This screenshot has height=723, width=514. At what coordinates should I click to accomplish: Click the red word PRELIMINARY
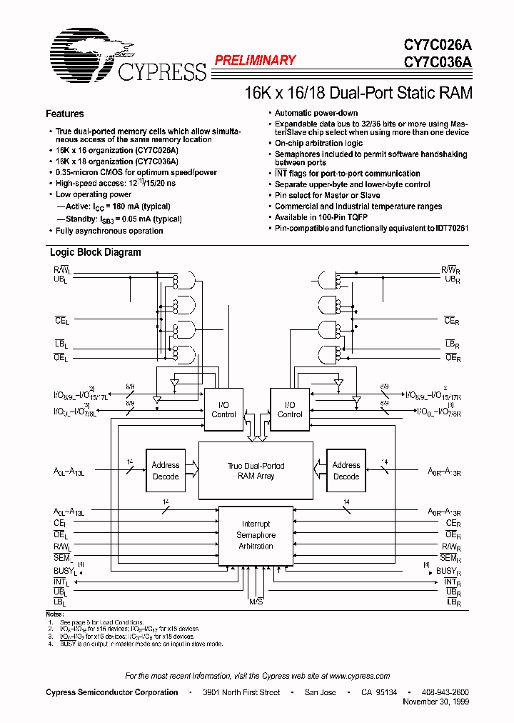255,61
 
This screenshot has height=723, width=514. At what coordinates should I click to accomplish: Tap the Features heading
64,114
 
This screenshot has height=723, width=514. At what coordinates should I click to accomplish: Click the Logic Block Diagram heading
95,252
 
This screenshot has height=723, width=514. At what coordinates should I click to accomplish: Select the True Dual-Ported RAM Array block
256,470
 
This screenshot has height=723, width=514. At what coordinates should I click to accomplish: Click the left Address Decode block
166,470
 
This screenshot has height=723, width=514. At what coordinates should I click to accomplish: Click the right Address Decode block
346,470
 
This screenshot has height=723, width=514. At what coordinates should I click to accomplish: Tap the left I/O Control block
223,409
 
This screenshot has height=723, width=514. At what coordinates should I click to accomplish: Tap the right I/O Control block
290,409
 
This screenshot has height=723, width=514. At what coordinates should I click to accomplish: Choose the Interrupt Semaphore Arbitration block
256,535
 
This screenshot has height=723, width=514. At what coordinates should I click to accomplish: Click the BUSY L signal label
65,571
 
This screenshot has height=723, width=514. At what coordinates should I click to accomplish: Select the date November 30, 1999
436,703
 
